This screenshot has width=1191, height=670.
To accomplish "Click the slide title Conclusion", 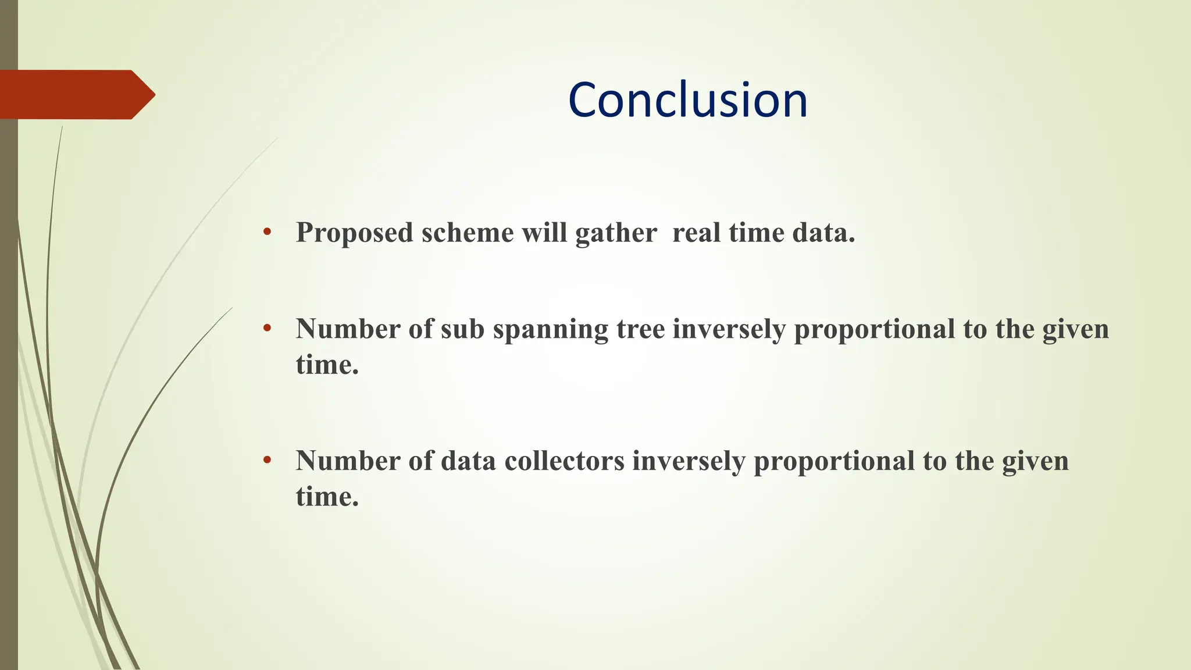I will (x=688, y=100).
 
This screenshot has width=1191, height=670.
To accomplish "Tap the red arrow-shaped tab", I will (x=76, y=95).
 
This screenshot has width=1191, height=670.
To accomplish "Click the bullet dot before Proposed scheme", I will (x=267, y=232).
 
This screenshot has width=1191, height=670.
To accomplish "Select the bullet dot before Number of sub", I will (x=267, y=329).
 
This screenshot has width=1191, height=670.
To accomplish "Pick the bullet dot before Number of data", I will (x=267, y=461).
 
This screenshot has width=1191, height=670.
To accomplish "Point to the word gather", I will (x=616, y=233).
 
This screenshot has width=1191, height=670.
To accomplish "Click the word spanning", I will (x=550, y=330).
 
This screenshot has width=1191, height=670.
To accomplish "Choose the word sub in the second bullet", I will (x=462, y=330).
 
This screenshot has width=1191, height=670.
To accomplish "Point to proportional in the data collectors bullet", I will (x=834, y=462).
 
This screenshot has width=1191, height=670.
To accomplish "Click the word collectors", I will (x=564, y=462).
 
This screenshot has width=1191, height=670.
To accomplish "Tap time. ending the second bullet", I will (x=327, y=365).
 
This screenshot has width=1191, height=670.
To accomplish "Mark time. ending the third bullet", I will (x=327, y=497).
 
